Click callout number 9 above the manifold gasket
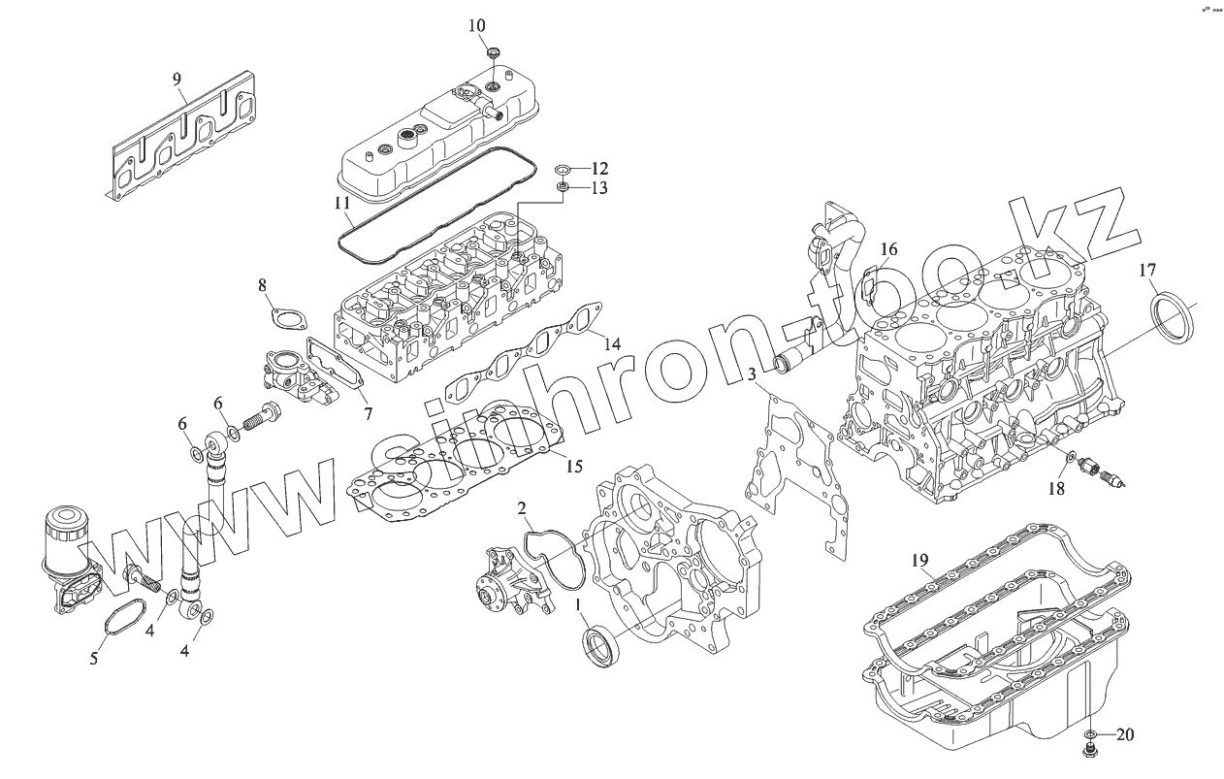(177, 80)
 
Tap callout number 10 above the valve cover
(477, 24)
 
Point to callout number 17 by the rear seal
(1147, 271)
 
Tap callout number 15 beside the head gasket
(574, 467)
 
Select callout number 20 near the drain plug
(1125, 734)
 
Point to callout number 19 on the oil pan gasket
(920, 560)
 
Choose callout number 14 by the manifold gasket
(611, 343)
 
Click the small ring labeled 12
(564, 171)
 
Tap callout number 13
(598, 188)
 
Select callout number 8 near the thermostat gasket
(262, 284)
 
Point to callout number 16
(888, 250)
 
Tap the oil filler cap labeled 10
(493, 51)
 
